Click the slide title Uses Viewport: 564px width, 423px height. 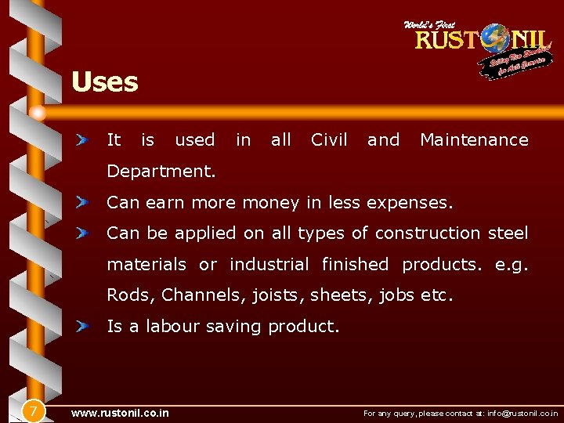(x=104, y=82)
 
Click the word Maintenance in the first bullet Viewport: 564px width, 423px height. (x=474, y=140)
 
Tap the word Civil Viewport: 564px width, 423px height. (x=329, y=140)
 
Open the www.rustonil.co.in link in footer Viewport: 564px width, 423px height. (x=119, y=413)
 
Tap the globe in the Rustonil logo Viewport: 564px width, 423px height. (x=495, y=38)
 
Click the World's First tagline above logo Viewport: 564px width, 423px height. (x=429, y=25)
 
